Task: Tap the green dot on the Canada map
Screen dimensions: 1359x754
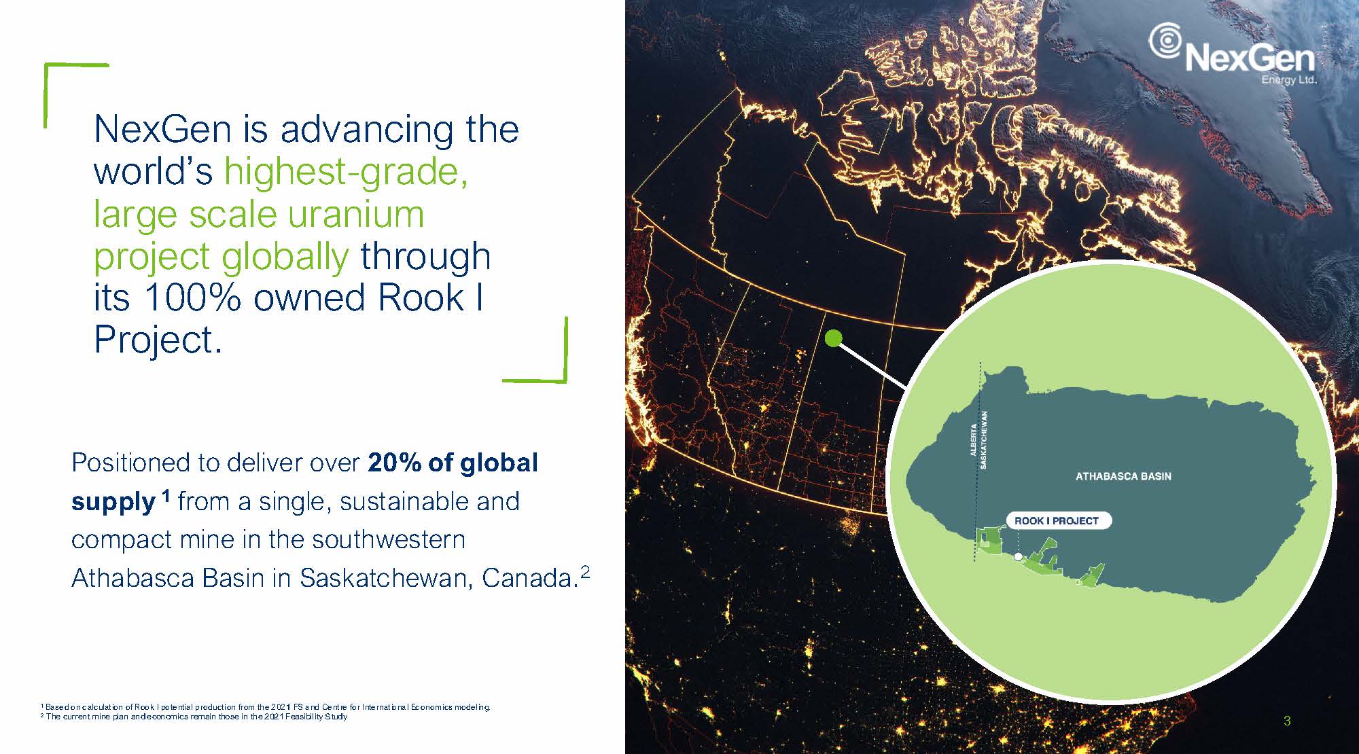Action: [x=833, y=338]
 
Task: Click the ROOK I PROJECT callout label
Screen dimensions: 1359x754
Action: [x=1057, y=520]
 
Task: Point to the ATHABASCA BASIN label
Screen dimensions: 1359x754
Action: [x=1123, y=476]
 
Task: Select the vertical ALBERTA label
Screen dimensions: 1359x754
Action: [x=973, y=439]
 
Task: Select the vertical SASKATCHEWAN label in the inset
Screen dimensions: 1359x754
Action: [x=984, y=439]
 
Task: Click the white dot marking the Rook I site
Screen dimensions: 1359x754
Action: [x=1018, y=556]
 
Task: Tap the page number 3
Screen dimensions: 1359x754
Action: [x=1287, y=721]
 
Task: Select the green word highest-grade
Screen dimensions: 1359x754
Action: [x=346, y=171]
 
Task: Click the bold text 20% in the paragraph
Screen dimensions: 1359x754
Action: [x=395, y=463]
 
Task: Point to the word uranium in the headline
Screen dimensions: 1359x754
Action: [x=356, y=214]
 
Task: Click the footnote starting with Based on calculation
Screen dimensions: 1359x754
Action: [x=266, y=707]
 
